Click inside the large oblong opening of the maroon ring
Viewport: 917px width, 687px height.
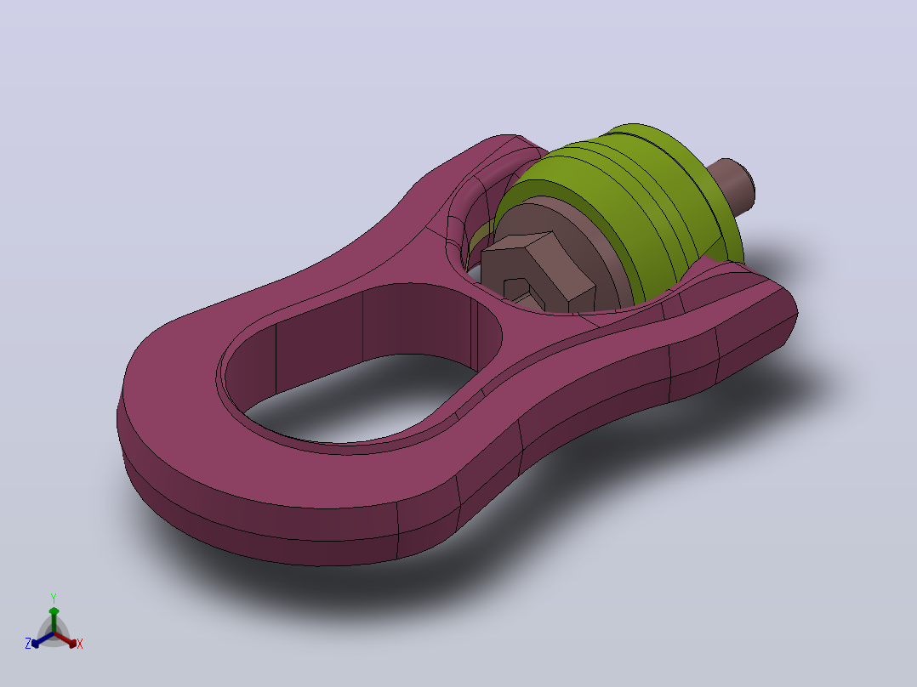362,398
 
